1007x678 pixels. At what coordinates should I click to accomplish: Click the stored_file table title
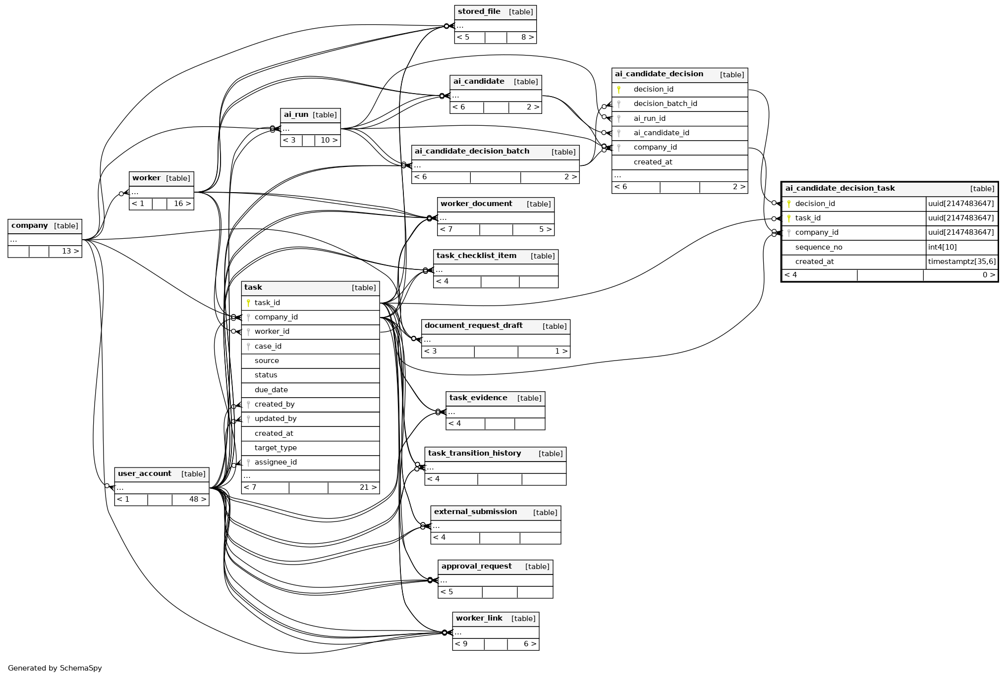click(x=479, y=11)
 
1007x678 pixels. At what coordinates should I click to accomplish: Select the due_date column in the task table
click(x=271, y=390)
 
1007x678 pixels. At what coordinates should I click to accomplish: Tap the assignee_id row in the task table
click(x=310, y=463)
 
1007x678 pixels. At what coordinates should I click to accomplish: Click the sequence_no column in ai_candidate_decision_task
click(x=819, y=247)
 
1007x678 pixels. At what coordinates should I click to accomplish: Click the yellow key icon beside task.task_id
click(x=248, y=303)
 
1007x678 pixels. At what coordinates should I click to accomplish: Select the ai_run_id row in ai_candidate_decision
click(x=679, y=119)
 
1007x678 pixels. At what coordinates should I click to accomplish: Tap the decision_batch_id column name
click(x=665, y=104)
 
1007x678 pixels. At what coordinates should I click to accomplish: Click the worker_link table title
click(x=479, y=618)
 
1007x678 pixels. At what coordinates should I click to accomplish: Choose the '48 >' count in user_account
click(x=198, y=499)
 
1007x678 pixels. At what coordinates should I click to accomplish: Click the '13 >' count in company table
click(x=70, y=251)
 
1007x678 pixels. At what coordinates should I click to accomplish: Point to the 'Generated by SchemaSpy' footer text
click(x=55, y=668)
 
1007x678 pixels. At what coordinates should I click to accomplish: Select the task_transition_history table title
click(x=474, y=453)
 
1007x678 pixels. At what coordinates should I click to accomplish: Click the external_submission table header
click(x=496, y=512)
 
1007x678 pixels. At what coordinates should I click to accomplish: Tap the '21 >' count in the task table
click(x=368, y=487)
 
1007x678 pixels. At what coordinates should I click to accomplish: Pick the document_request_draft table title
click(x=473, y=325)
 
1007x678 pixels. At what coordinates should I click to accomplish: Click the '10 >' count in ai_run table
click(x=329, y=140)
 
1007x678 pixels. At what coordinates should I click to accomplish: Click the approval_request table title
click(x=476, y=566)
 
